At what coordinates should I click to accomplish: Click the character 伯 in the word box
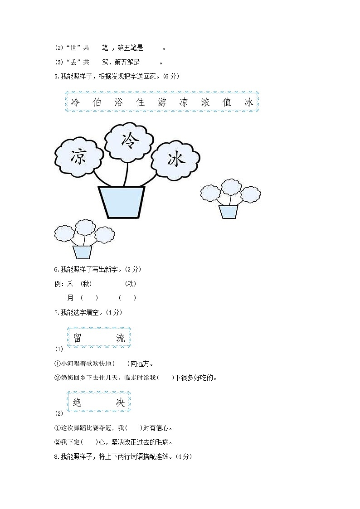coord(97,102)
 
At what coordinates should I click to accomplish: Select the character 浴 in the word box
coord(119,102)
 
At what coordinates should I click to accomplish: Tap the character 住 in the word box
coord(141,102)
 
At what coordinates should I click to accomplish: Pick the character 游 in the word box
coord(162,102)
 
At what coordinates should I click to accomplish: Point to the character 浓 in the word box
coord(205,102)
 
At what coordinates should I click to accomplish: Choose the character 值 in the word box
coord(227,102)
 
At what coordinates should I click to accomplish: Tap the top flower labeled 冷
coord(129,141)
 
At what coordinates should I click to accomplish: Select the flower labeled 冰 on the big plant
coord(175,159)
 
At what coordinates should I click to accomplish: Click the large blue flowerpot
coord(122,201)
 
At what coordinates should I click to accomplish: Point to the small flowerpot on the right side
coord(228,212)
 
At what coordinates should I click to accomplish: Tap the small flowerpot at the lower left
coord(82,252)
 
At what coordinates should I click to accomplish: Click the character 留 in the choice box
coord(77,337)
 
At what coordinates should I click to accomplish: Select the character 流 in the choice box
coord(120,337)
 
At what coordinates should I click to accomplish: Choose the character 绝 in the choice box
coord(77,402)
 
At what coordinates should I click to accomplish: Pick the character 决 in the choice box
coord(120,402)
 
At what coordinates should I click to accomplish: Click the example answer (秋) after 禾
coord(86,284)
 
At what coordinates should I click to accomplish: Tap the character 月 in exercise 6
coord(70,298)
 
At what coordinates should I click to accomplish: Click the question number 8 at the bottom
coord(56,456)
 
